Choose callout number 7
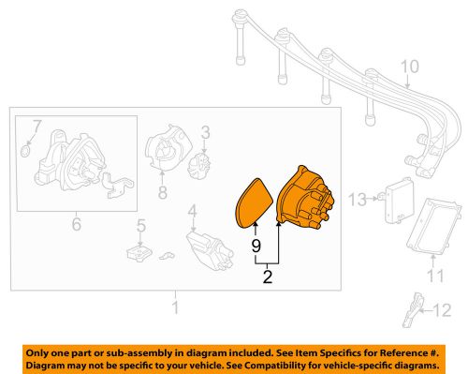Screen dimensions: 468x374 [37, 125]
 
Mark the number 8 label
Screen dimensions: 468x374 [162, 194]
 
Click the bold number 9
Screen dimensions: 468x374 [254, 247]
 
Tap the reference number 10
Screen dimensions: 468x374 [409, 67]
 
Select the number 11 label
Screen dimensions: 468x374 [432, 275]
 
